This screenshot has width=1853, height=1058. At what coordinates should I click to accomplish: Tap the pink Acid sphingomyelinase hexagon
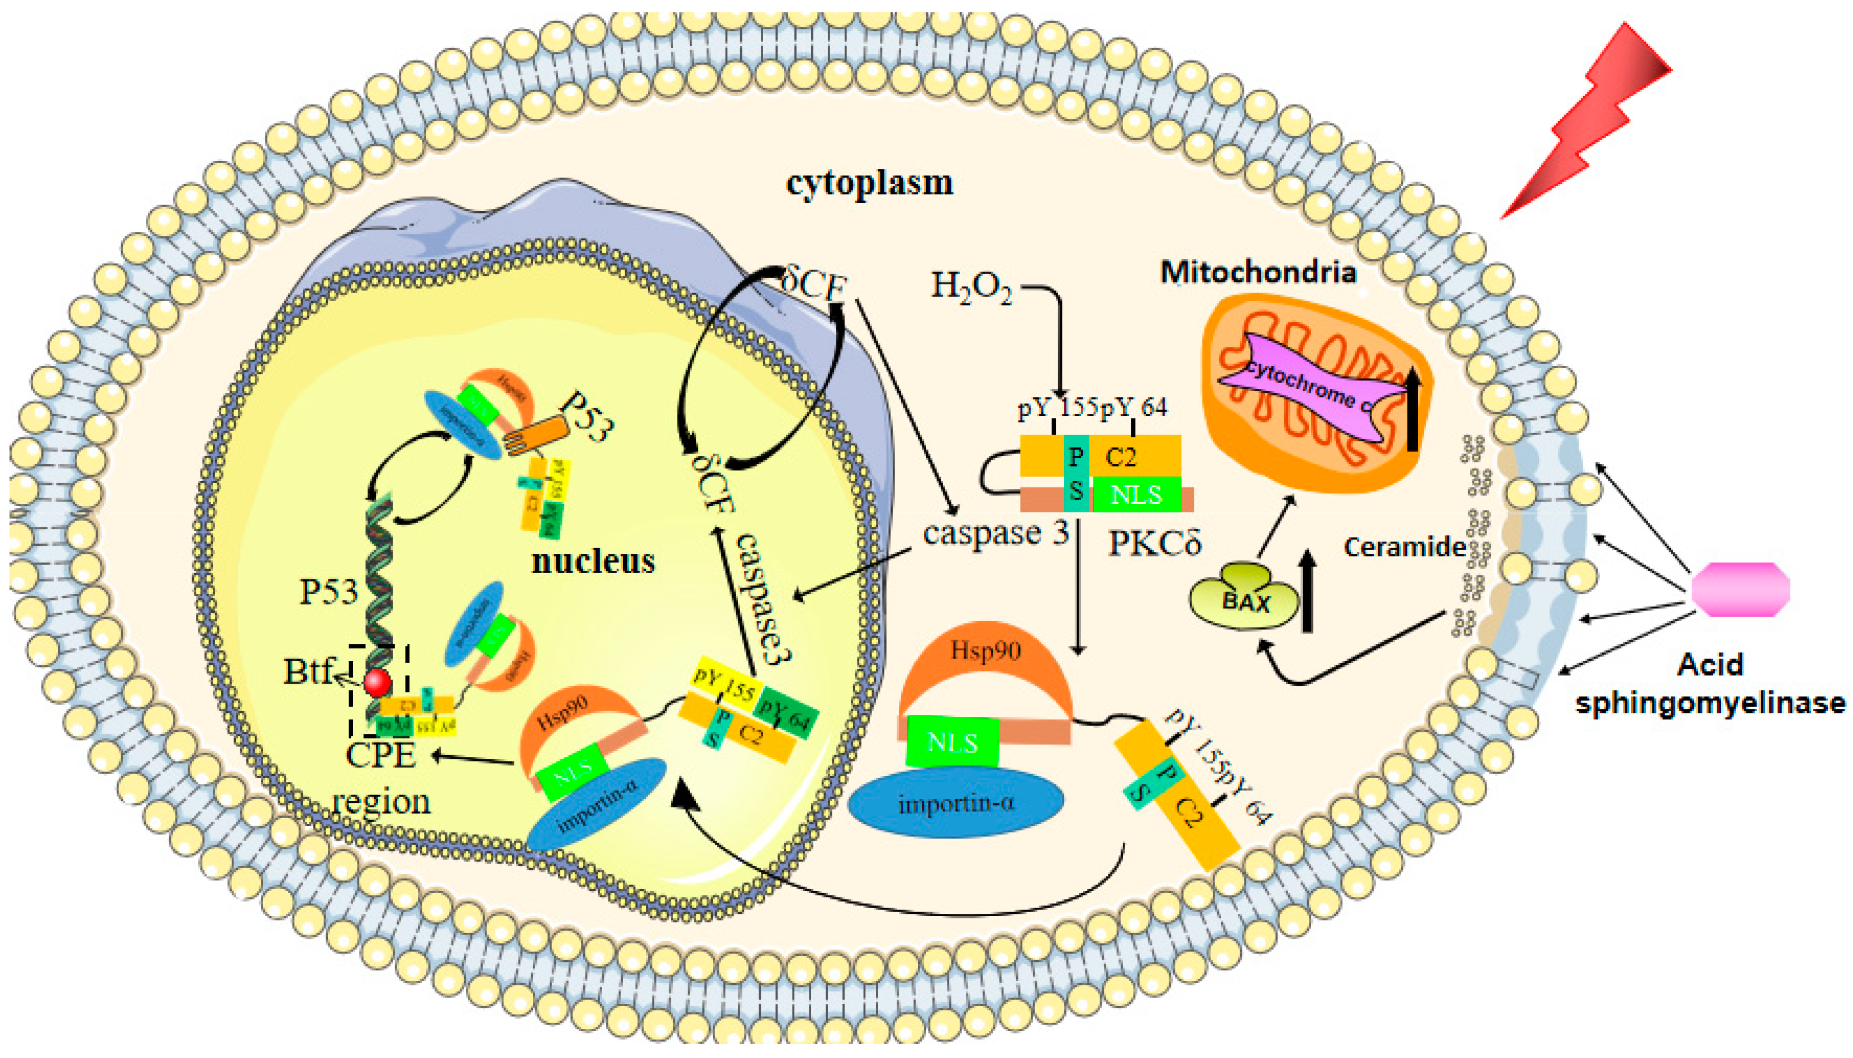click(x=1740, y=589)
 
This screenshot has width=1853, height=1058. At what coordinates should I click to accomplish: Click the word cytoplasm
click(x=869, y=183)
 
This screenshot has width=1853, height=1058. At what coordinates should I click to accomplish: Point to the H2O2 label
click(x=971, y=287)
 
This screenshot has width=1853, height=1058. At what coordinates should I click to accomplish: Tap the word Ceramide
click(x=1403, y=546)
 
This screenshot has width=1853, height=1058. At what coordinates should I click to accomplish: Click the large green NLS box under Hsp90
click(x=952, y=742)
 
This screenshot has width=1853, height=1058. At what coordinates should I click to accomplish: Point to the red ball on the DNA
click(x=377, y=683)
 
